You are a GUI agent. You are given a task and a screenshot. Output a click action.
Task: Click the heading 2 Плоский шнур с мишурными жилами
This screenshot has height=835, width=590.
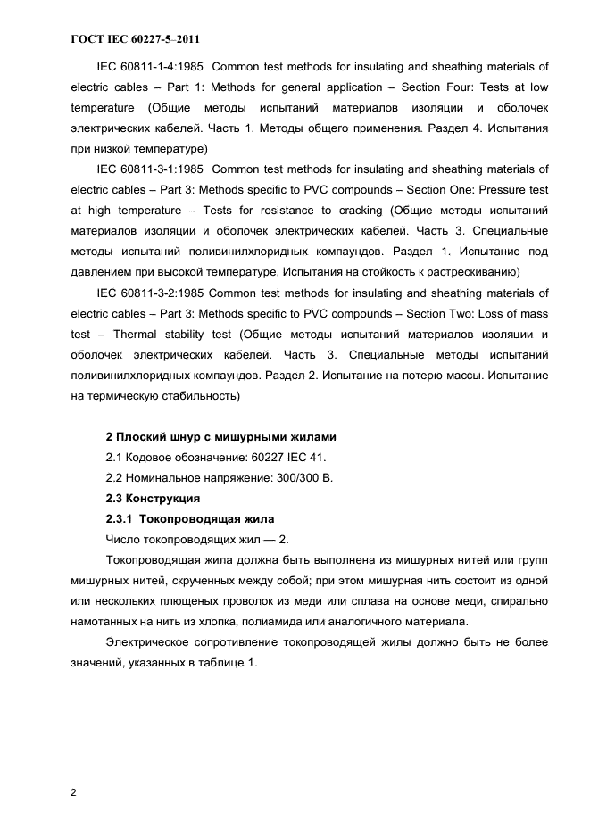[x=221, y=437]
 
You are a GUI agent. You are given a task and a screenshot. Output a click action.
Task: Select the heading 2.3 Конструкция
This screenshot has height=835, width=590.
[x=154, y=499]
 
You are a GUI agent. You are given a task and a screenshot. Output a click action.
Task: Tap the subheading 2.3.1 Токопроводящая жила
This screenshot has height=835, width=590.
[x=190, y=519]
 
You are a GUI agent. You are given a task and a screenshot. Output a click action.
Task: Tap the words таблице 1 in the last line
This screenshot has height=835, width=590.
[x=226, y=663]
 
